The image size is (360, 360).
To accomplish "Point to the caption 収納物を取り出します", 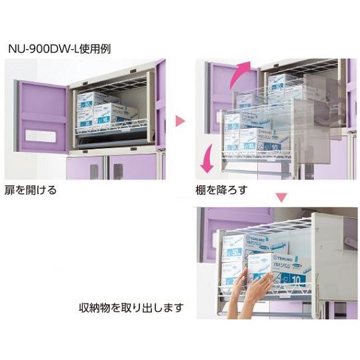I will pos(131,309).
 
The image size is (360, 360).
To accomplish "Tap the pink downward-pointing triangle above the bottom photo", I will pos(282,197).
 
